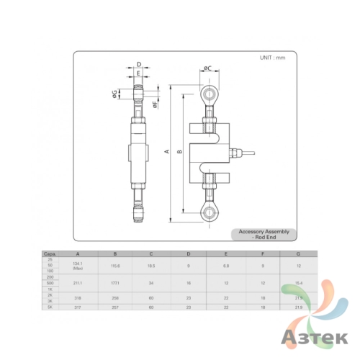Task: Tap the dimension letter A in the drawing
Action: click(x=166, y=152)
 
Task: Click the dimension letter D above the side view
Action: click(x=138, y=64)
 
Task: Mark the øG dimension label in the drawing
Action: click(x=115, y=94)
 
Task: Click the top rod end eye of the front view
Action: click(x=209, y=94)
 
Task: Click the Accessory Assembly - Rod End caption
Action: click(x=264, y=233)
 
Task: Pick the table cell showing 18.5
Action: click(x=151, y=266)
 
